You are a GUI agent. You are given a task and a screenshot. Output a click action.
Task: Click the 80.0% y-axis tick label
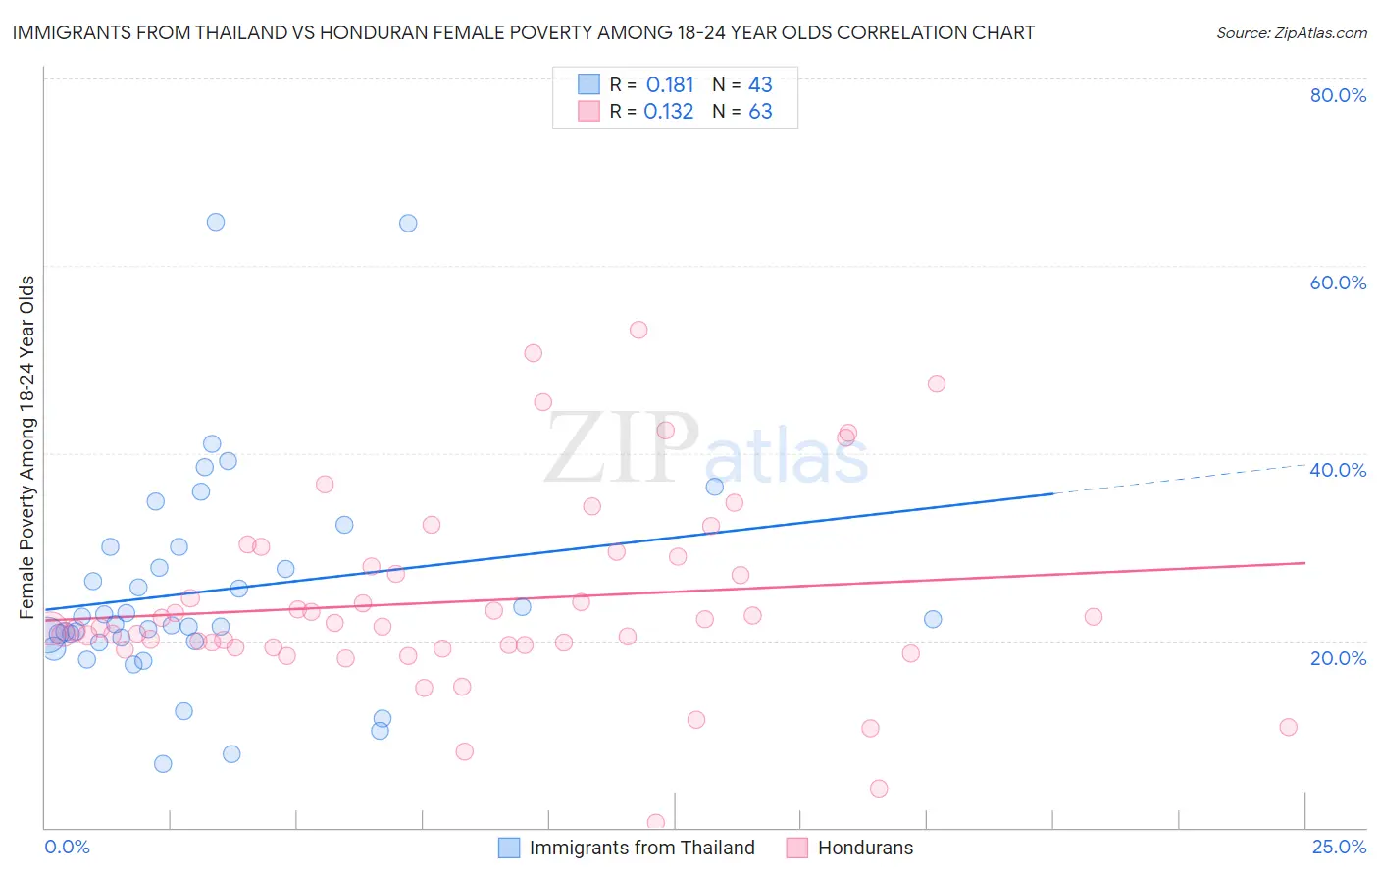coord(1338,95)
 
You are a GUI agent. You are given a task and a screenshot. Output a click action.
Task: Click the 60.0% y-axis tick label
coord(1338,283)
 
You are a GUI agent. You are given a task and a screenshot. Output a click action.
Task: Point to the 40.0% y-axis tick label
coord(1338,470)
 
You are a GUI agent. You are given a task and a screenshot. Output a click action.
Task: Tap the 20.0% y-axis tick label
coord(1338,658)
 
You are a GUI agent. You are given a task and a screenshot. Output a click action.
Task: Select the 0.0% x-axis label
coord(67,847)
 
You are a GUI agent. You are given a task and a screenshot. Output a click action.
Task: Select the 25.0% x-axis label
coord(1339,847)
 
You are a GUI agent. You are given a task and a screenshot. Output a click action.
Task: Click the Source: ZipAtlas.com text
coord(1291,33)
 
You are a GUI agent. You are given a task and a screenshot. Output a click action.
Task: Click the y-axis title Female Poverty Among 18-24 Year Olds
coord(27,447)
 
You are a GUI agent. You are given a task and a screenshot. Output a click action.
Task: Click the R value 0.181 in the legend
coord(670,85)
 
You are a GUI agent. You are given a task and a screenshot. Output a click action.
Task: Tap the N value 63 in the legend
coord(760,112)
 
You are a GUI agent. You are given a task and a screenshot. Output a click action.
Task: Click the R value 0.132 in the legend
coord(669,112)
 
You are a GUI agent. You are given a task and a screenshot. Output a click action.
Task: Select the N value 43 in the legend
coord(760,85)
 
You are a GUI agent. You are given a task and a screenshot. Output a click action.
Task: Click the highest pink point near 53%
coord(638,330)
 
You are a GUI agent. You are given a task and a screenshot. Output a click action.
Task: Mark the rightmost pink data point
coord(1288,727)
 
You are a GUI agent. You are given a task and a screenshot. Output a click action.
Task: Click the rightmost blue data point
coord(933,619)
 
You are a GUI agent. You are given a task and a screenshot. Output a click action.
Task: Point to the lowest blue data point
coord(163,764)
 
